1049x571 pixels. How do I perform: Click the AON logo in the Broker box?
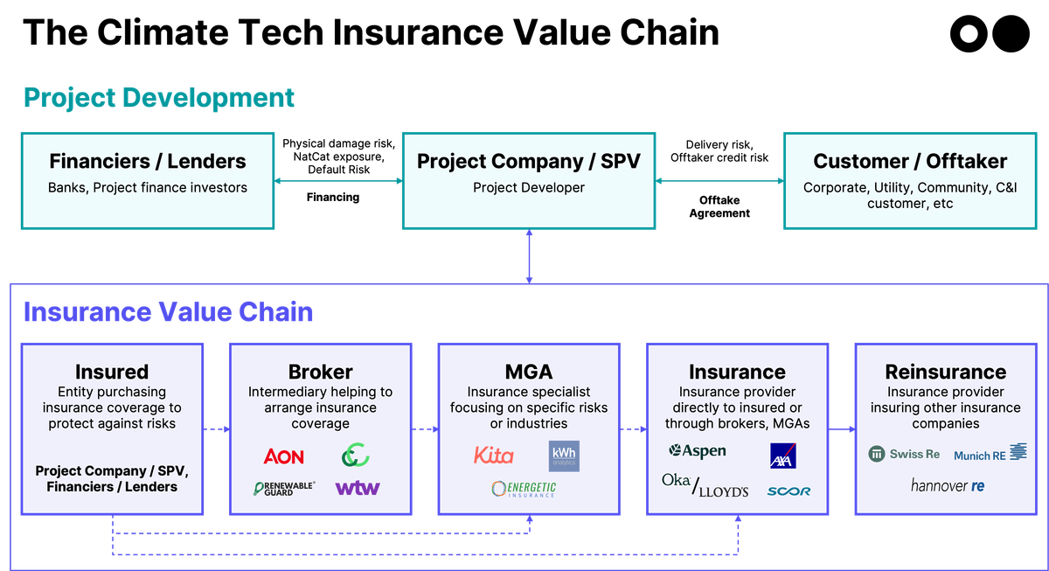pos(283,456)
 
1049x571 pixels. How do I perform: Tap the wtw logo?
pos(358,488)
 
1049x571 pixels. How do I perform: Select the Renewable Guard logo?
pos(284,488)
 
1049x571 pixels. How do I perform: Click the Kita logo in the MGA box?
pos(493,456)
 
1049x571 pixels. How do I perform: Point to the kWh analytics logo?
pos(564,456)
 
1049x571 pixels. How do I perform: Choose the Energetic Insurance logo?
pos(524,489)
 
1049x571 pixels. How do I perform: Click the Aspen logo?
pos(697,451)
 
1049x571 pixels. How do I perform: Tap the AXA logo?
pos(782,456)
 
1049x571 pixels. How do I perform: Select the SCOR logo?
pos(788,491)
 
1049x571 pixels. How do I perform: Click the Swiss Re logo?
pos(904,454)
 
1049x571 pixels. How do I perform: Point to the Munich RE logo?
pos(990,454)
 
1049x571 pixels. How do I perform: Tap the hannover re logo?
pos(947,485)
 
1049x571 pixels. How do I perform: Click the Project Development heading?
pos(159,98)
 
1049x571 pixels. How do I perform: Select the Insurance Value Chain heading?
pos(168,312)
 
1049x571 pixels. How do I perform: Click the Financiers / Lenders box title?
pos(148,162)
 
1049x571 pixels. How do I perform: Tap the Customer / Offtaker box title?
pos(910,162)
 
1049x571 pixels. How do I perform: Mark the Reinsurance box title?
pos(945,373)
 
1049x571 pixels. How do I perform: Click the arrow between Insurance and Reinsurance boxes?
pos(841,428)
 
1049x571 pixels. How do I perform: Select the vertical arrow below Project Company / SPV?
pos(529,256)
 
